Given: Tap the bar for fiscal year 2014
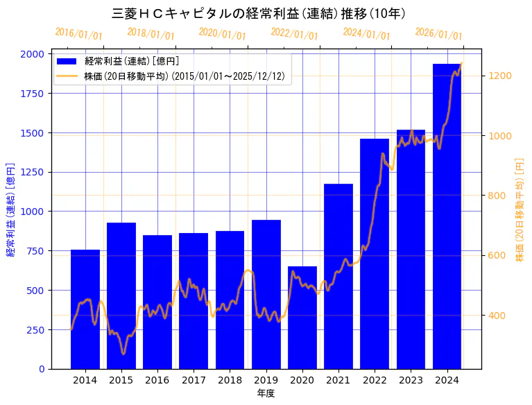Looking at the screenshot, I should (85, 309).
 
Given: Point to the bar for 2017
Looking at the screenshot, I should (194, 301).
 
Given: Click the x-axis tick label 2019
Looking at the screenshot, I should (266, 380).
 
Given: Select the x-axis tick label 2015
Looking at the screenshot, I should (121, 380).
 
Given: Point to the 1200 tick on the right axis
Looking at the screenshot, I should (501, 76).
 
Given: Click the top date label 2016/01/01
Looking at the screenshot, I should (78, 34).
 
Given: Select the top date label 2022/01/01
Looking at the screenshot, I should (294, 34).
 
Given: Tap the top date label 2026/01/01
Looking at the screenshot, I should (438, 34).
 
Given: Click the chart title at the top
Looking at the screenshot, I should (259, 13).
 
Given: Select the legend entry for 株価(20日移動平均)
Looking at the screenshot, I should (184, 76).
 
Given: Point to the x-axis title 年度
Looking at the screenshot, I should (266, 393).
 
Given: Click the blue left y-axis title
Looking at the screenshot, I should (10, 211).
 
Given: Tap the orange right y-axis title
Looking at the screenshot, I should (520, 211).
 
